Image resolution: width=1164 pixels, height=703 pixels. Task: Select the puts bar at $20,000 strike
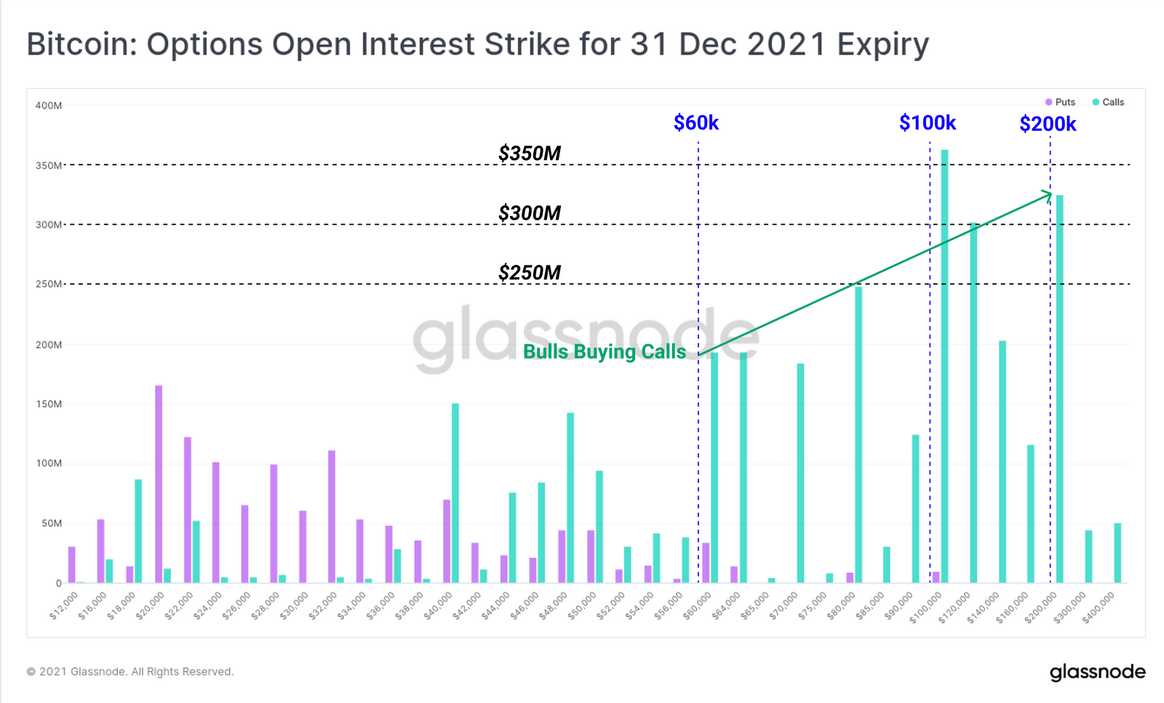159,484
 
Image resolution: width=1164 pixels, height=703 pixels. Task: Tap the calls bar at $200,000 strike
1059,389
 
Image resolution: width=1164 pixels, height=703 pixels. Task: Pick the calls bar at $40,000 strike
455,493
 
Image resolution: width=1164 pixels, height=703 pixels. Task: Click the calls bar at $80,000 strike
858,434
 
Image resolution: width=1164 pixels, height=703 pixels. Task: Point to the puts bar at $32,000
332,516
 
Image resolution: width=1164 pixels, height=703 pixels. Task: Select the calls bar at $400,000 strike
1117,552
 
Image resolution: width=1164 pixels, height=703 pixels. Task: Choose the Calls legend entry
1109,102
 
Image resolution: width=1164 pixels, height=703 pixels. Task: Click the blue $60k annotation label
696,123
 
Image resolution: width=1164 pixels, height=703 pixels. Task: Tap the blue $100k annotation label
928,123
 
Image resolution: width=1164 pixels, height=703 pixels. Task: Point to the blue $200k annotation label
1048,124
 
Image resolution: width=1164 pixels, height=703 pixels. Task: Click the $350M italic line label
530,154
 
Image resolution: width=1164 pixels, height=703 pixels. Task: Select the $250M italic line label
530,273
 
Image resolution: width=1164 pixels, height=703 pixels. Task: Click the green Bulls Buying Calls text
605,351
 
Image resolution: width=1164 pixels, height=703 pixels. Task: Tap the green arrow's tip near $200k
1051,194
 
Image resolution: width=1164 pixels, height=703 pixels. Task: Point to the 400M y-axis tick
49,106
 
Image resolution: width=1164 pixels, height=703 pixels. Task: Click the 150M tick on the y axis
49,404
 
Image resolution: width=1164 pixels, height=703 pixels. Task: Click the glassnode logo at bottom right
1097,672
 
